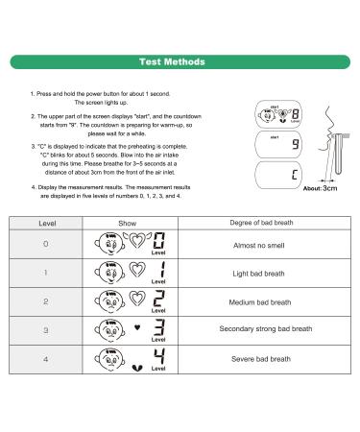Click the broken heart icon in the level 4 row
(144, 366)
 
